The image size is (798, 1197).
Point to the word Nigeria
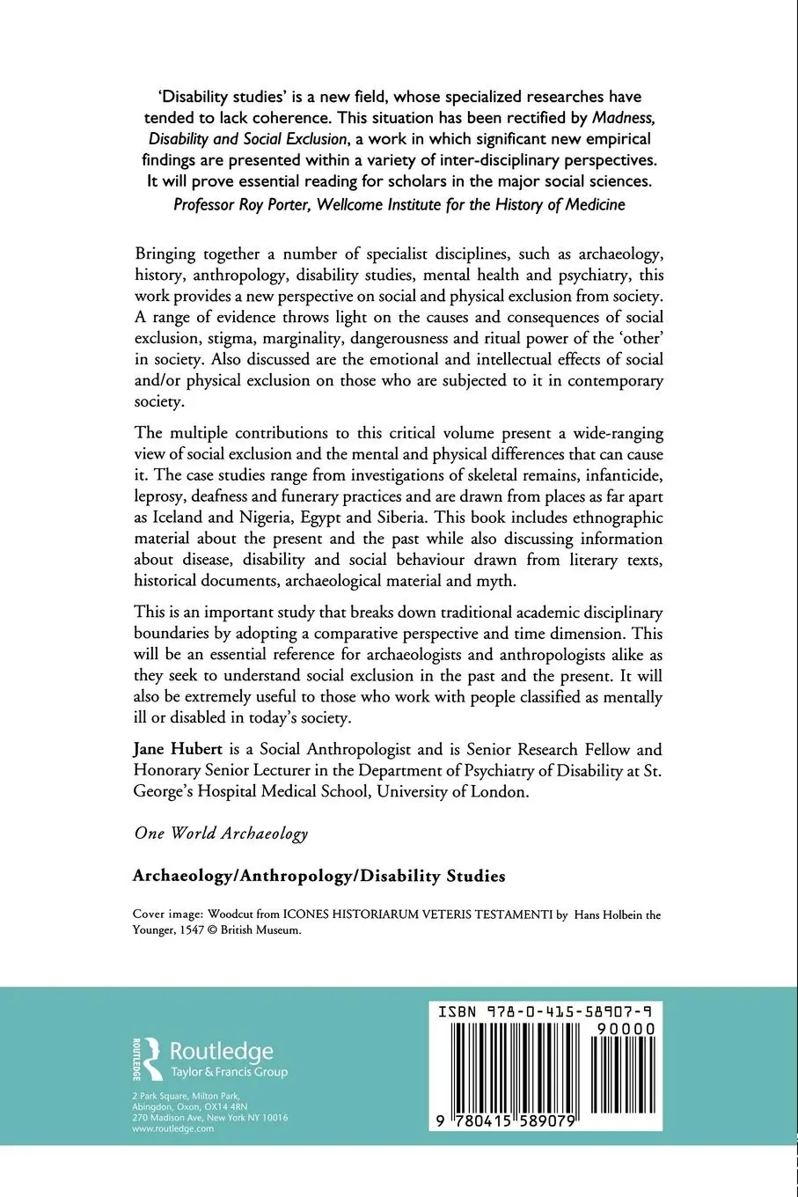point(264,517)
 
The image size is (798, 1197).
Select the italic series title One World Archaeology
point(221,833)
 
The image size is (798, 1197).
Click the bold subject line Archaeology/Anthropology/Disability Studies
point(318,876)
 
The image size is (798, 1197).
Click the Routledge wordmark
point(221,1051)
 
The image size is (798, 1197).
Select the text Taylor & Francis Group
point(228,1072)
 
